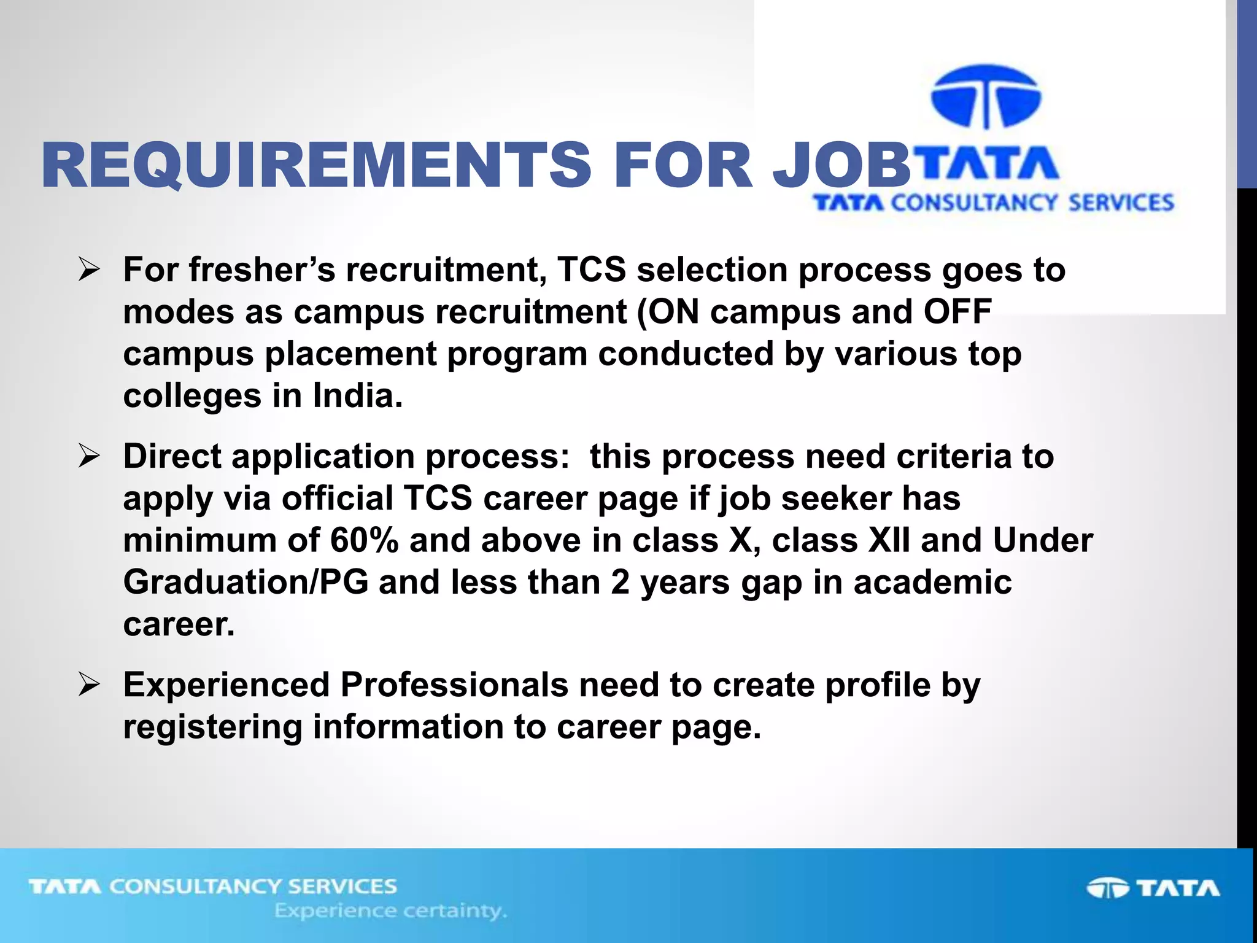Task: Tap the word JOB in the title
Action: click(841, 165)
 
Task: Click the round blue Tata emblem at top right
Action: click(986, 97)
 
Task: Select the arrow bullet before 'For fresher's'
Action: click(89, 271)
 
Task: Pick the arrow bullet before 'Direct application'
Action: click(89, 457)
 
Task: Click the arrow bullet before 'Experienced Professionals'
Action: click(89, 685)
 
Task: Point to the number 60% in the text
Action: click(365, 541)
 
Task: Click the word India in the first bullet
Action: click(358, 396)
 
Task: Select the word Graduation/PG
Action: click(246, 583)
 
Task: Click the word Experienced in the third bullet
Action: click(226, 685)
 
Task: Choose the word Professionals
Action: click(454, 685)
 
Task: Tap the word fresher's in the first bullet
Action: click(263, 271)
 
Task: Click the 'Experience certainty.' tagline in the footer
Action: click(390, 911)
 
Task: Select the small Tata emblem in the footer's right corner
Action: click(1107, 888)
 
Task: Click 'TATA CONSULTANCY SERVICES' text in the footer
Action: click(213, 887)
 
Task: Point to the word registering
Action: click(212, 728)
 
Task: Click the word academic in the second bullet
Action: click(932, 583)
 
